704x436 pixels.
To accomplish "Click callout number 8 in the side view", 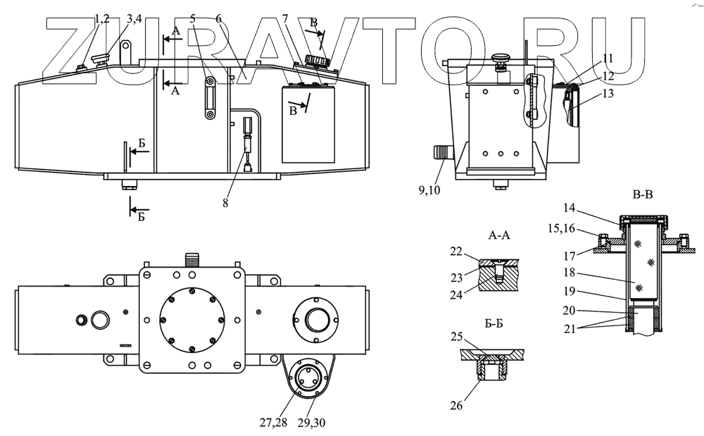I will point(225,203).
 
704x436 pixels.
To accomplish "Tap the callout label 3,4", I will point(134,19).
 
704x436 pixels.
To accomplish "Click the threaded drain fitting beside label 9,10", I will point(441,152).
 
